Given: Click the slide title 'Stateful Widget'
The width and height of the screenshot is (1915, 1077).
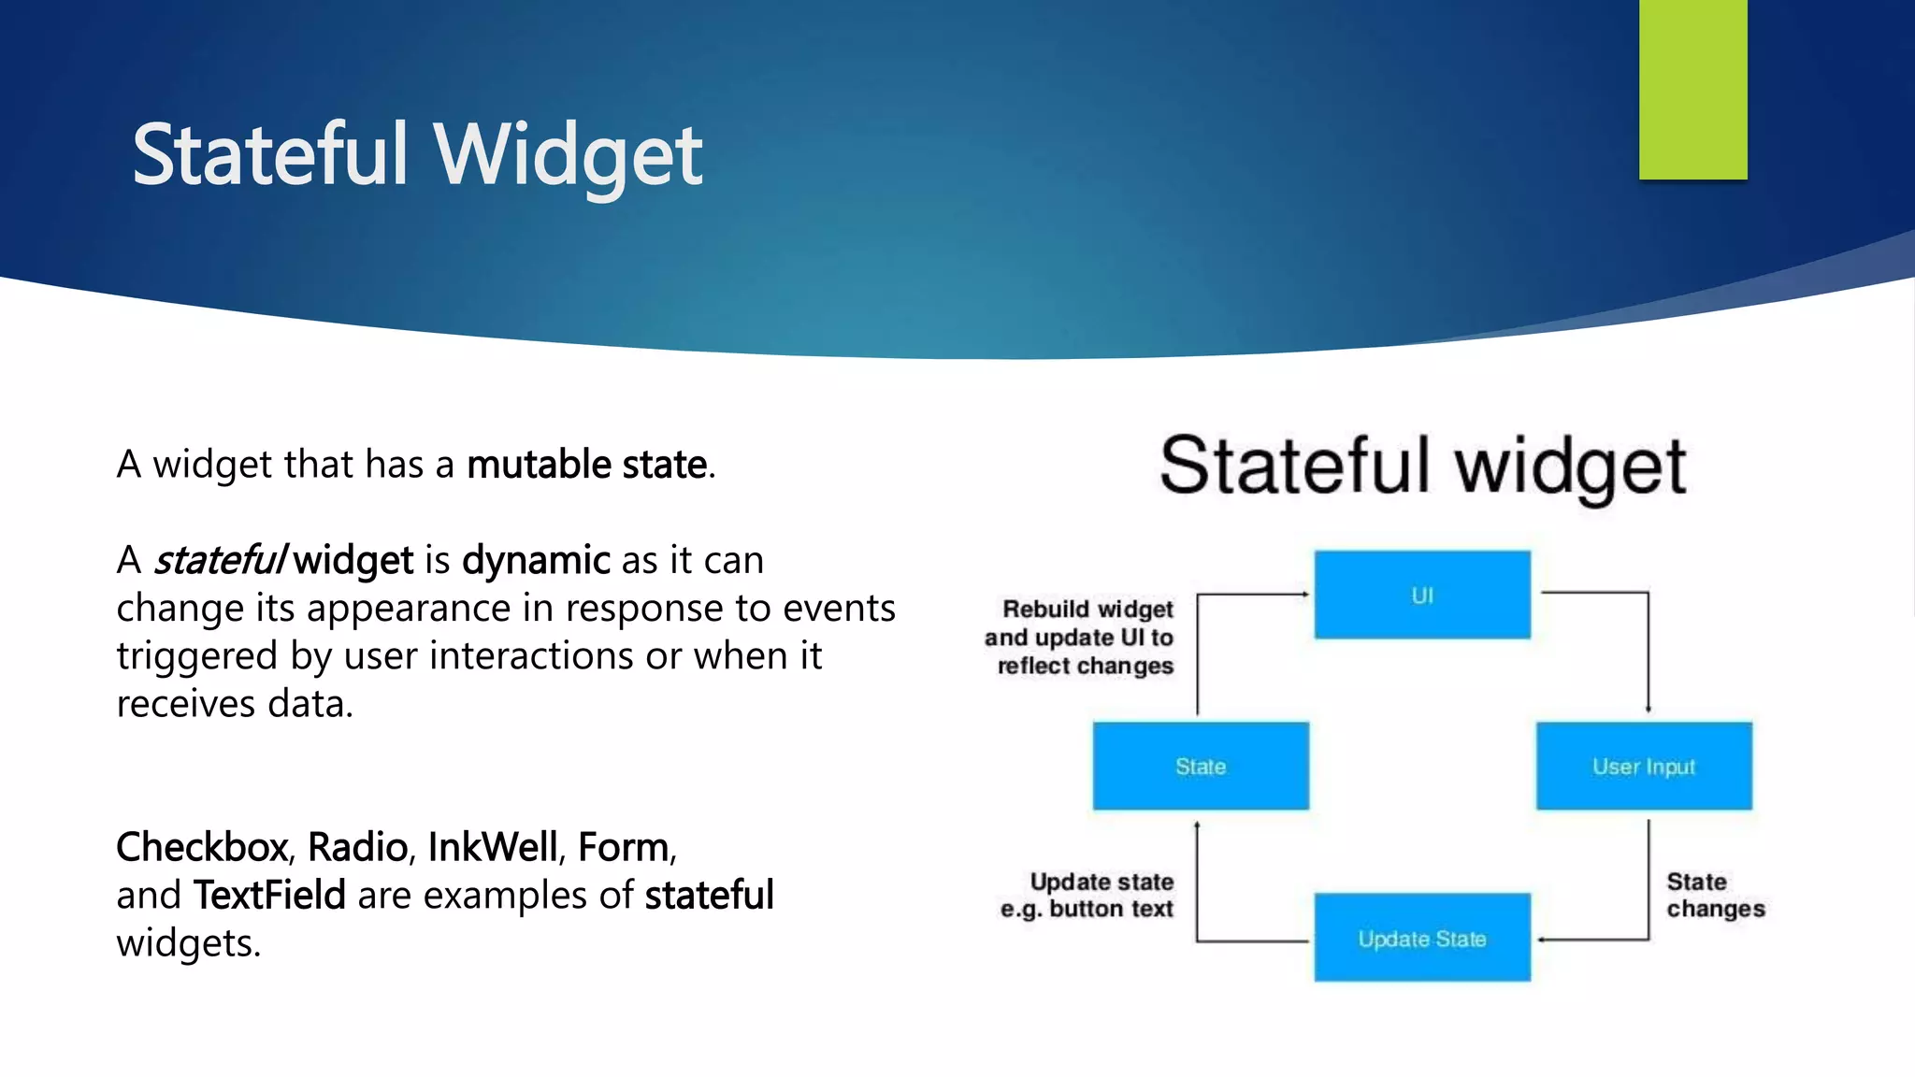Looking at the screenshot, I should click(417, 155).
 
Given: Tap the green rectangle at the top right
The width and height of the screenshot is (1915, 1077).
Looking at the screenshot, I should click(1692, 89).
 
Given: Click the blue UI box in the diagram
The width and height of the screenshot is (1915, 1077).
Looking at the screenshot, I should click(1422, 596).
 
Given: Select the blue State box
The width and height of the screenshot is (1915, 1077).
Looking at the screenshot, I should click(1201, 767).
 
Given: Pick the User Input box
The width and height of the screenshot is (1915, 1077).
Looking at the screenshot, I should click(1644, 767).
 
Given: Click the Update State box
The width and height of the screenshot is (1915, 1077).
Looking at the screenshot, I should click(1422, 939).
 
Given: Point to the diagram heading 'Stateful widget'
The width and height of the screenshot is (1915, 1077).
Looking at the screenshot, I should click(1422, 466).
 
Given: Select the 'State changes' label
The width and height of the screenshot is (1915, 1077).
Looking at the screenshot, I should click(1715, 896).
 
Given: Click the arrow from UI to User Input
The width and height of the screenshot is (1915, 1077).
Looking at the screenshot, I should click(1648, 645).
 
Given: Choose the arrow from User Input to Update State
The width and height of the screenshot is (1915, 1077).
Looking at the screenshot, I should click(1648, 888).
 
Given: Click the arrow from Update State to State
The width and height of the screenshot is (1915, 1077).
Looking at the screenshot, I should click(1198, 888).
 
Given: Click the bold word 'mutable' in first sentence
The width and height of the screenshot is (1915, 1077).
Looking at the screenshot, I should click(539, 465).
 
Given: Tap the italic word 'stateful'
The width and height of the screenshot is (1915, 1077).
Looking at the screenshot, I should click(221, 561).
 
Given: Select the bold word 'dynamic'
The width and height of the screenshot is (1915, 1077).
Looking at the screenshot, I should click(536, 561).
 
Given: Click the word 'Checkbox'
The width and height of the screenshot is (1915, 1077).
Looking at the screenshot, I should click(202, 847).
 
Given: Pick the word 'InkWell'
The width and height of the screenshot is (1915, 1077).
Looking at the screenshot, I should click(493, 847).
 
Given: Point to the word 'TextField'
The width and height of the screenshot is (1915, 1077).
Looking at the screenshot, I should click(269, 896).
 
